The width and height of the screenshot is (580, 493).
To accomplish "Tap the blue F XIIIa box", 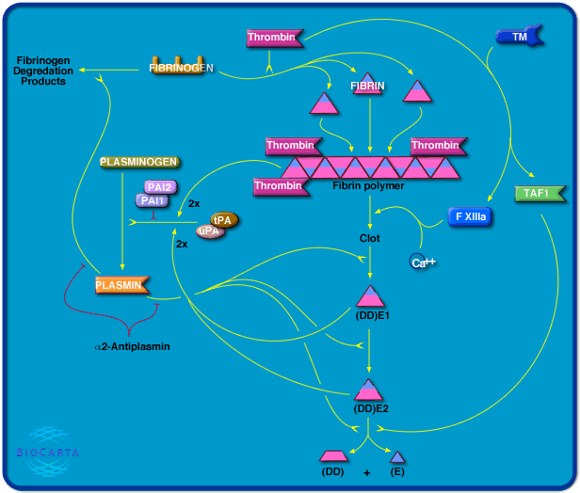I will coord(471,216).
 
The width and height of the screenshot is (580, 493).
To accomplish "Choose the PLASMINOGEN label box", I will coord(138,163).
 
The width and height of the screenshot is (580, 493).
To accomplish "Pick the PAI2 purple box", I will coord(157,188).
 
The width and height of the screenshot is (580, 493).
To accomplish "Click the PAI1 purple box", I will coord(153,200).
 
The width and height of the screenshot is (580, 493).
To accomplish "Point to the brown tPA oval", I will coord(223,219).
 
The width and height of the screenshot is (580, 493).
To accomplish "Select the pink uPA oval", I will coord(209,231).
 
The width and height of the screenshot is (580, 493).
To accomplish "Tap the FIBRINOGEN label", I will coord(182,69).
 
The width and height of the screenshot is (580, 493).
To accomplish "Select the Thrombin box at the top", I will coord(272,38).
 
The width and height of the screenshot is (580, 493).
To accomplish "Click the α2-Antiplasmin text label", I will coord(132,346).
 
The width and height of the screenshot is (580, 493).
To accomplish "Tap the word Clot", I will coord(370,238).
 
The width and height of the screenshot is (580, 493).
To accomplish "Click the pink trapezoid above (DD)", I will coord(332,455).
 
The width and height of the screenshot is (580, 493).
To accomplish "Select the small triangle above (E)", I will coord(397,456).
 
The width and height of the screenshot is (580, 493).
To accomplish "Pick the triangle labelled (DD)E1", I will coord(369,295).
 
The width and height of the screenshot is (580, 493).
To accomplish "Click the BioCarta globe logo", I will coord(48,449).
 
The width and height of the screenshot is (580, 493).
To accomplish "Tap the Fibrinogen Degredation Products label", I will coord(40,72).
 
